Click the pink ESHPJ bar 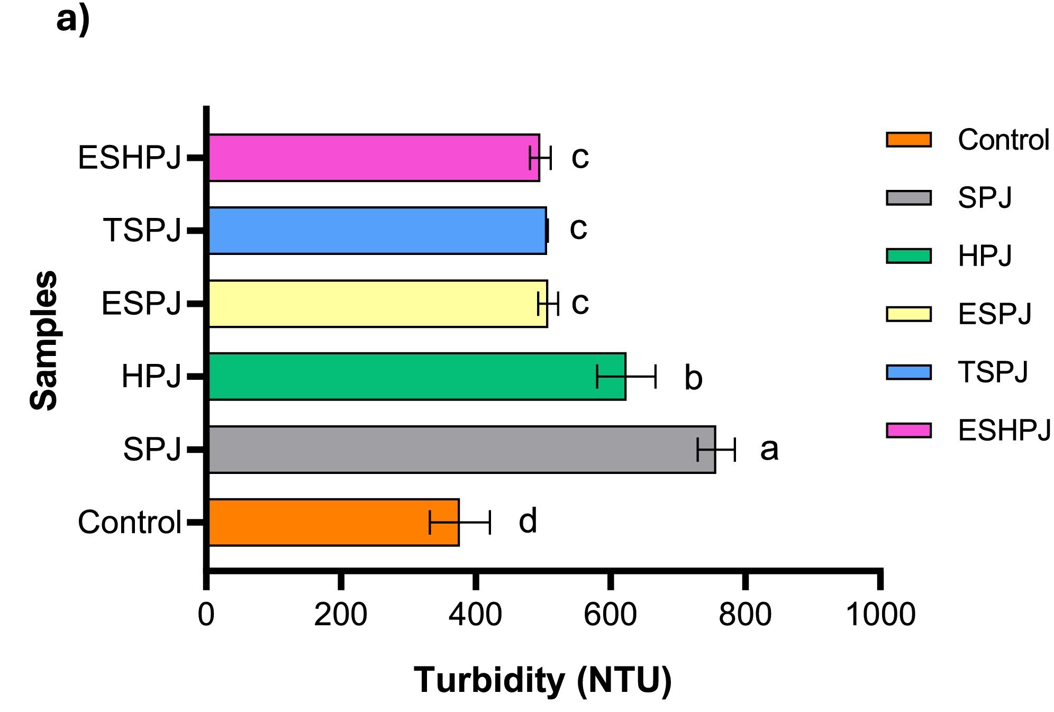374,158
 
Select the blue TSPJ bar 377,231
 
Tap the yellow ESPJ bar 378,304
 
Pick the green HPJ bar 417,377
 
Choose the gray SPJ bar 461,450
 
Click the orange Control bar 333,522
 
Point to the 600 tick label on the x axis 610,615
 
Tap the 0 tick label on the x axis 206,615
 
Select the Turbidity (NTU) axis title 542,680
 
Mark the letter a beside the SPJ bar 769,449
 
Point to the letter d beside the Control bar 528,521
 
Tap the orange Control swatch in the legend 908,140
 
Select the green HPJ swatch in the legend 908,256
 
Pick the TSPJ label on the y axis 142,231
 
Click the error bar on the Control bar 460,522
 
